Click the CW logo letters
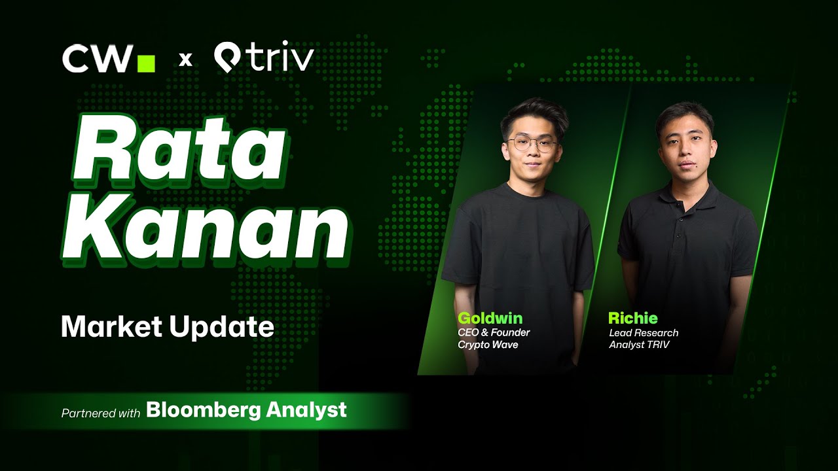(98, 58)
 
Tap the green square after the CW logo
(146, 63)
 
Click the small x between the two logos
(185, 60)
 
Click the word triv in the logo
(282, 57)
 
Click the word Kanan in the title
(205, 232)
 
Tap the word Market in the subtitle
(111, 326)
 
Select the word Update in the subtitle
(222, 328)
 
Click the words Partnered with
(101, 413)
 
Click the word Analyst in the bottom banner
(306, 410)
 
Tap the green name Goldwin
(490, 318)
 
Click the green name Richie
(632, 318)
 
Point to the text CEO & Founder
(494, 332)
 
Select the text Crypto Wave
(488, 344)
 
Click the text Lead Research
(644, 333)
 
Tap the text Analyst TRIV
(639, 344)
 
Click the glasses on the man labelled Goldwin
(532, 144)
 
